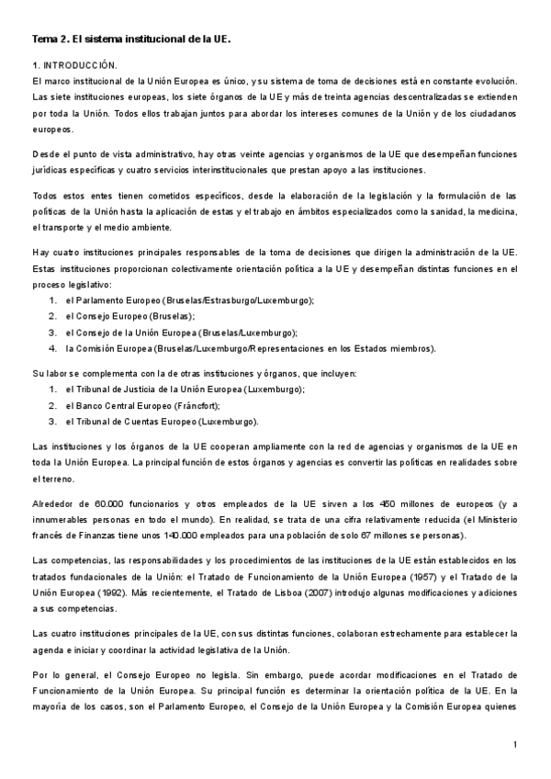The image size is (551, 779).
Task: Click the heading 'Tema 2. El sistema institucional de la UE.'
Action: point(130,40)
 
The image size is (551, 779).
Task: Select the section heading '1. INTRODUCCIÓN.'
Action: point(75,66)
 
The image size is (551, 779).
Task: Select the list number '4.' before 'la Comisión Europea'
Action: point(54,348)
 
